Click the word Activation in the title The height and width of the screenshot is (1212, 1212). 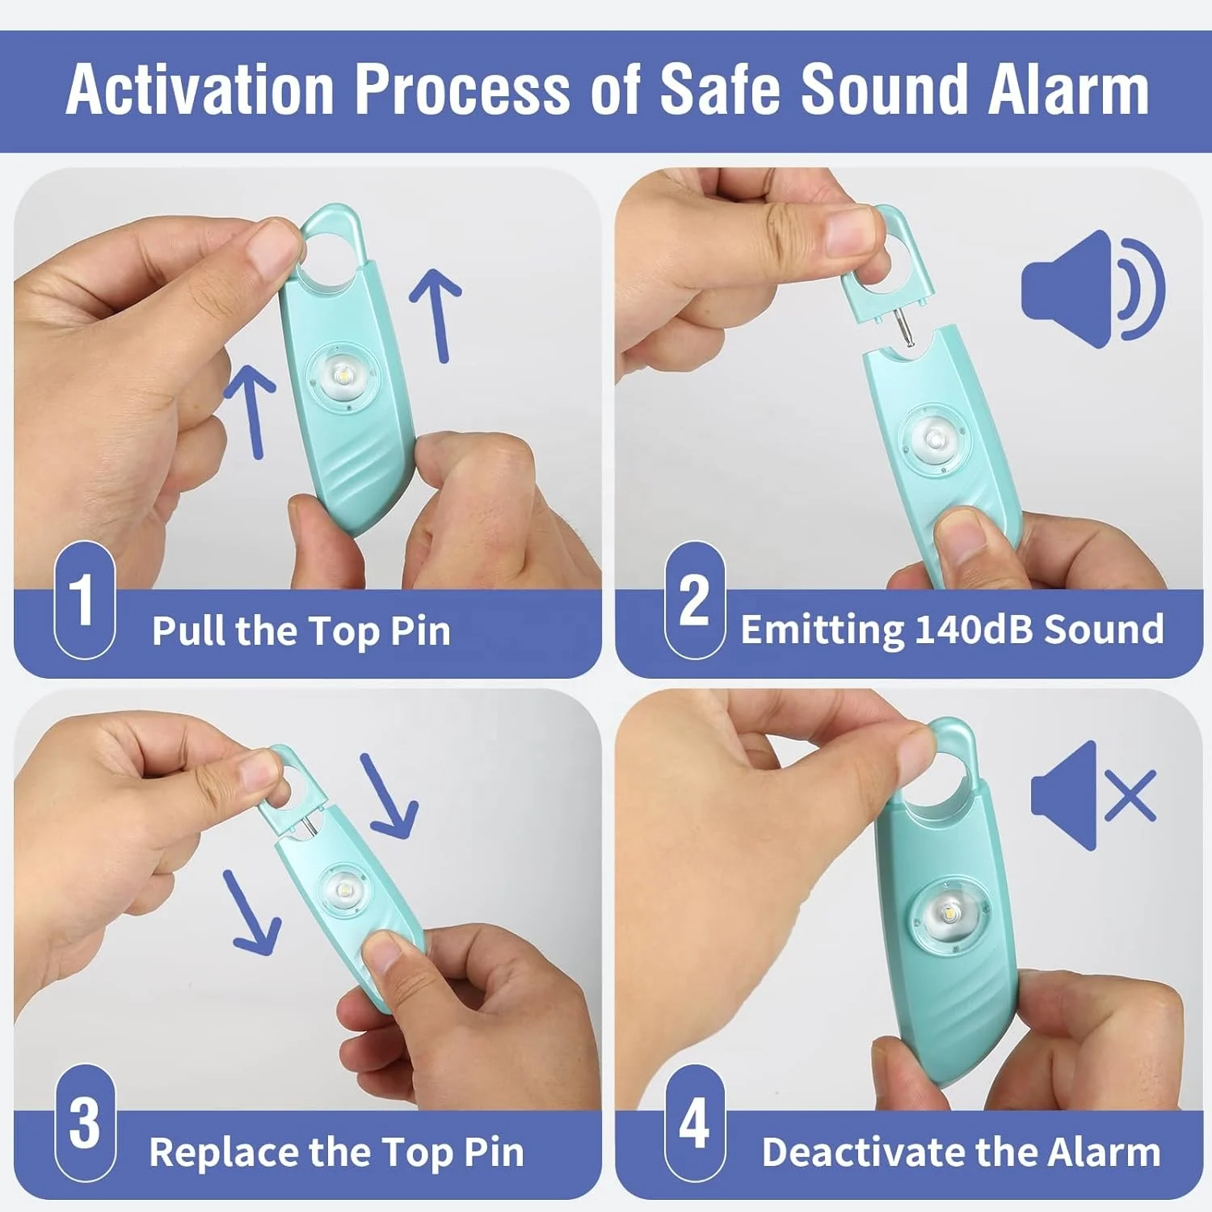click(x=200, y=90)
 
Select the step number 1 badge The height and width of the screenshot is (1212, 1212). click(x=84, y=600)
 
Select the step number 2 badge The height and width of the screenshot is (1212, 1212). click(x=694, y=600)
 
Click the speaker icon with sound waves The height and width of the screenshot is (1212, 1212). click(x=1092, y=289)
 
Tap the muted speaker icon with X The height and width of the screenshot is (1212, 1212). click(x=1093, y=796)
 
